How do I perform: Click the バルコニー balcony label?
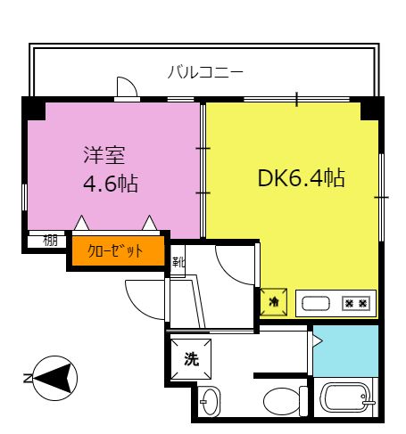point(205,72)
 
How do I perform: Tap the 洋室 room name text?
point(104,155)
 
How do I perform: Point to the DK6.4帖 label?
point(302,178)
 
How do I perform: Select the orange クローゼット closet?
point(118,250)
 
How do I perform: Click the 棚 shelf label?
point(50,241)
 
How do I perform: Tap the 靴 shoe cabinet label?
point(178,262)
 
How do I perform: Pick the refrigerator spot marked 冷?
point(274,302)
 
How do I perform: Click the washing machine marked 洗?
point(191,359)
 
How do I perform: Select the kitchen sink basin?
point(316,304)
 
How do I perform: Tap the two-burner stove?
point(356,304)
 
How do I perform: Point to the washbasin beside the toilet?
point(210,401)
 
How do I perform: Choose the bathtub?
point(346,398)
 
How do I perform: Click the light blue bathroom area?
point(346,351)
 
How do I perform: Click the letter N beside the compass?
point(28,378)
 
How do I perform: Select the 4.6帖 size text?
point(111,184)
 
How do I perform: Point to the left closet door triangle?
point(81,223)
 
